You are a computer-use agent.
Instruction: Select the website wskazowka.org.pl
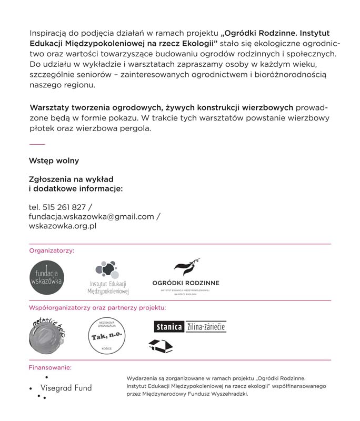(63, 226)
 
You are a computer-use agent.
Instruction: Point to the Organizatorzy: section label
(52, 250)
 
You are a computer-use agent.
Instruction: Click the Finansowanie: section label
(50, 367)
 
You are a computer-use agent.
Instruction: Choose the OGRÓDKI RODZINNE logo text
(186, 283)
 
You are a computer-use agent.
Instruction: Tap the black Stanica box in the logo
(169, 327)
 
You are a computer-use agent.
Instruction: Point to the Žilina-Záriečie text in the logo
(206, 327)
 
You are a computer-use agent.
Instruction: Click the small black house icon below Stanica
(161, 345)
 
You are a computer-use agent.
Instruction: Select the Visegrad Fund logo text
(66, 388)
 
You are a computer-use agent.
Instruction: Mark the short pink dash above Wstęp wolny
(37, 144)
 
